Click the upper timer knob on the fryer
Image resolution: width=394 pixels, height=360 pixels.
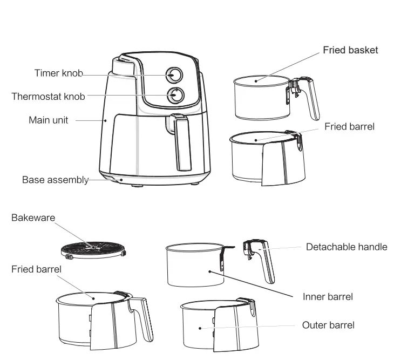(x=174, y=75)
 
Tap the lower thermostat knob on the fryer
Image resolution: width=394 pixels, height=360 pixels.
(x=175, y=95)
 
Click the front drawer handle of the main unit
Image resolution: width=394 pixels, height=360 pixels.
(x=182, y=142)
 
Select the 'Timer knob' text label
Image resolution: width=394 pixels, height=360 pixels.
(x=58, y=73)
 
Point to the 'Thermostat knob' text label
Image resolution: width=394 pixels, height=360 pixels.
(x=49, y=97)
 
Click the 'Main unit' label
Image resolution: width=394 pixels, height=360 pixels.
(x=48, y=120)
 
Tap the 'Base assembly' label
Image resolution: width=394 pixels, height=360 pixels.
(x=55, y=180)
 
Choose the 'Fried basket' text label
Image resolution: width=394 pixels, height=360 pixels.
(x=350, y=50)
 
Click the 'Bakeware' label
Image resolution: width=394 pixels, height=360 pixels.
(x=33, y=218)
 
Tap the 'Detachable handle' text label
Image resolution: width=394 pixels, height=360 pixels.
(x=347, y=247)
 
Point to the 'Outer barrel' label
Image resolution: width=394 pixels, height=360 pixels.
(x=328, y=325)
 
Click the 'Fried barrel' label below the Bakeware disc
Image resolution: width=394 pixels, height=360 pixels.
(x=36, y=268)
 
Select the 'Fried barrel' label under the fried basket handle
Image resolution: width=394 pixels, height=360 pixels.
(x=349, y=126)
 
